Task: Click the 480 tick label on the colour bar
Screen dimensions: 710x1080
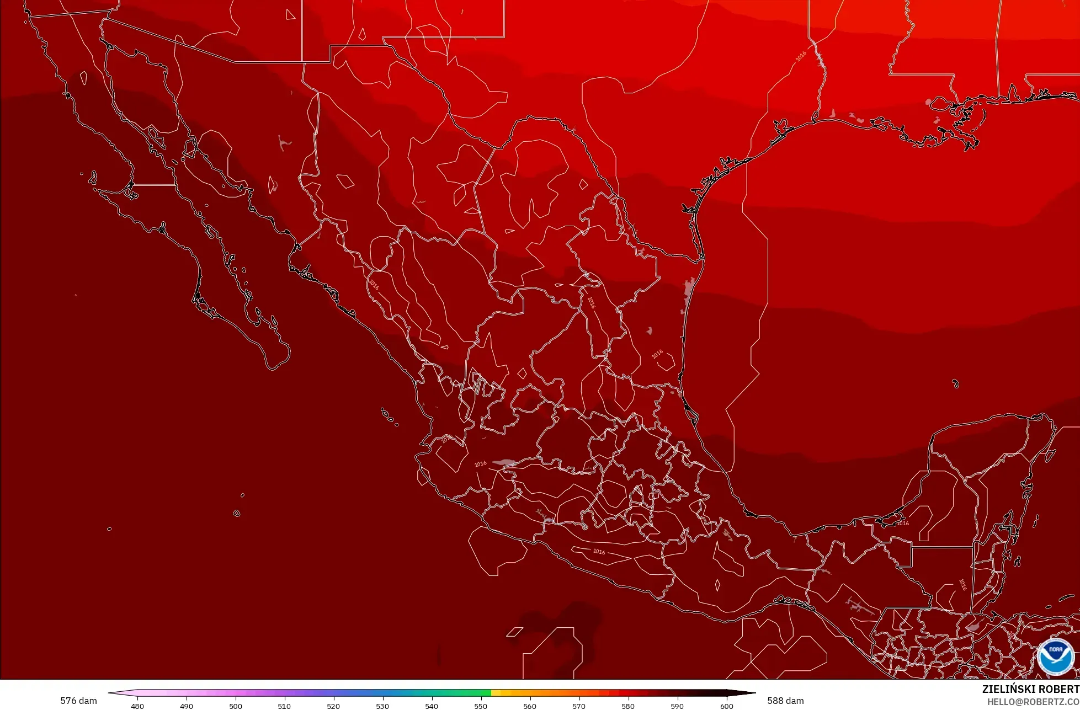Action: pyautogui.click(x=137, y=706)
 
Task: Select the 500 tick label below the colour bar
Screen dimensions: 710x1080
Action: pyautogui.click(x=236, y=706)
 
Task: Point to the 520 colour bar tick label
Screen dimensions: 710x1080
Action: pyautogui.click(x=333, y=706)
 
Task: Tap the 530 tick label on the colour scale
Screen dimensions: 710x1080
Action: pyautogui.click(x=382, y=706)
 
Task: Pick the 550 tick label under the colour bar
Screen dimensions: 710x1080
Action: pyautogui.click(x=481, y=706)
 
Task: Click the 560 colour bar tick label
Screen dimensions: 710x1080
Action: pyautogui.click(x=530, y=706)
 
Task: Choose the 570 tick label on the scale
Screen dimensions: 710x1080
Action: pyautogui.click(x=579, y=706)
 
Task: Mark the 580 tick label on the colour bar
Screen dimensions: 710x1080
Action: pyautogui.click(x=628, y=706)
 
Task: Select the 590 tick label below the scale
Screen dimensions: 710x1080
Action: pyautogui.click(x=677, y=706)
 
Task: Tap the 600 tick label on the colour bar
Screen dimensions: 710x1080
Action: pyautogui.click(x=727, y=706)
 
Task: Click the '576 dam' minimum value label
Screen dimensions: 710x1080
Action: pyautogui.click(x=78, y=701)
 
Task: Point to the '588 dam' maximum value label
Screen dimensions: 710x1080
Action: pyautogui.click(x=785, y=701)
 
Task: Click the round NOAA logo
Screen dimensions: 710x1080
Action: pyautogui.click(x=1055, y=656)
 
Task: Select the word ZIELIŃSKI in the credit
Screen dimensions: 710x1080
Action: pyautogui.click(x=1009, y=689)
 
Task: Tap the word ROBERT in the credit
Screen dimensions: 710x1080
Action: pyautogui.click(x=1059, y=689)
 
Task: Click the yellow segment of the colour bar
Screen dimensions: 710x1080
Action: pyautogui.click(x=496, y=692)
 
